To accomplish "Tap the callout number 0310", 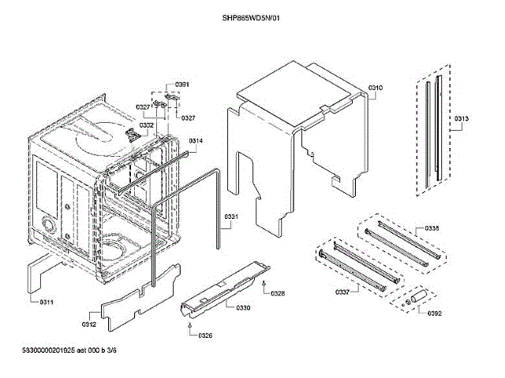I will tap(376, 87).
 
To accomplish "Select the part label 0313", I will tap(462, 119).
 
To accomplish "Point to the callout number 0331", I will tap(231, 217).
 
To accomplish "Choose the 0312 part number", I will tap(88, 324).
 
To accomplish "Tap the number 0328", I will tap(277, 293).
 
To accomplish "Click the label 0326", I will tap(205, 336).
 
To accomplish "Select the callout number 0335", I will tap(432, 228).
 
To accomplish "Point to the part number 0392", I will tap(435, 314).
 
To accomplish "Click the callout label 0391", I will tap(182, 84).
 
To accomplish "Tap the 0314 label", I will tap(196, 140).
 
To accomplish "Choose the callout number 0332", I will tap(147, 125).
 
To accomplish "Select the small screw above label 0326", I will tap(190, 324).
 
